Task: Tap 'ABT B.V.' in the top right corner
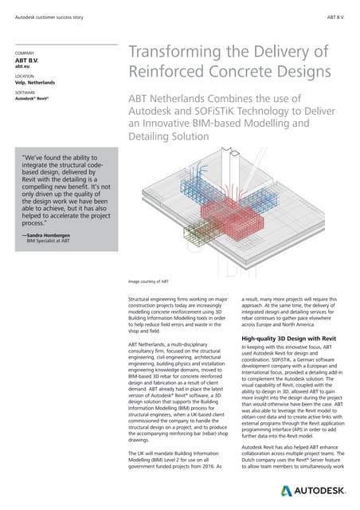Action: pyautogui.click(x=335, y=17)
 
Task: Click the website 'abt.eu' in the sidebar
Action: pyautogui.click(x=23, y=66)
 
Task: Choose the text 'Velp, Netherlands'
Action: pyautogui.click(x=37, y=83)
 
